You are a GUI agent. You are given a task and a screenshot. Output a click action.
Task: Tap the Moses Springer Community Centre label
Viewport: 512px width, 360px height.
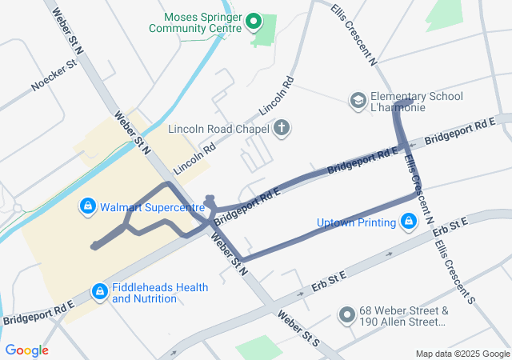click(x=195, y=22)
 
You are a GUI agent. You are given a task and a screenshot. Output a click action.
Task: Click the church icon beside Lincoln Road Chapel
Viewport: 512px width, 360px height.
click(x=281, y=128)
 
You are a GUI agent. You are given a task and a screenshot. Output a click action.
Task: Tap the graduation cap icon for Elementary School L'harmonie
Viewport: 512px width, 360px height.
click(x=358, y=101)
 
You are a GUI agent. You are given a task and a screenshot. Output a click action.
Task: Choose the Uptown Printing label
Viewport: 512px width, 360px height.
click(x=357, y=222)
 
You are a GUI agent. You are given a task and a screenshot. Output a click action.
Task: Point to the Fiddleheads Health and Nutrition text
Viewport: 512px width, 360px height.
click(x=160, y=294)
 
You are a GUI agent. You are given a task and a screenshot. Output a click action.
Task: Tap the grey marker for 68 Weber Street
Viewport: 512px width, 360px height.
click(x=346, y=315)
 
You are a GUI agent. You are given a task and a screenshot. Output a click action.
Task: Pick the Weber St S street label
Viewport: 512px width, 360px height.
click(x=298, y=328)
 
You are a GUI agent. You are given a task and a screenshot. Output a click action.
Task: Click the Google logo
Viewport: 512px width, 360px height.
click(x=26, y=350)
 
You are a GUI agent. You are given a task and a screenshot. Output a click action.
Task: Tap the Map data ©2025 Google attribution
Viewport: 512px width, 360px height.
click(x=462, y=354)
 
